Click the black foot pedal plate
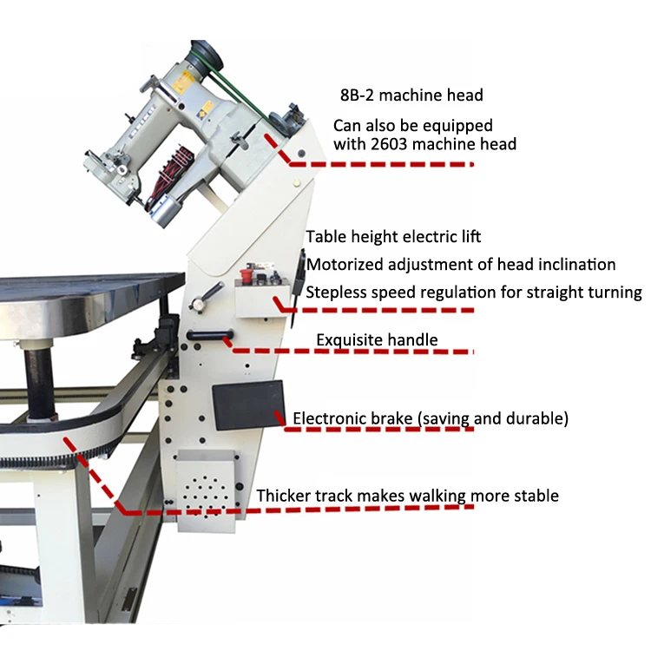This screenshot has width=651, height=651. tap(249, 405)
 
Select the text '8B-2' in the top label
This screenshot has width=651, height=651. tap(357, 95)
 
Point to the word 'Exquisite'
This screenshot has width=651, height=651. tap(346, 339)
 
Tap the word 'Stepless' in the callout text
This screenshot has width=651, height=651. tap(334, 293)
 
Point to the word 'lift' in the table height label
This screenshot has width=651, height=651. tap(468, 236)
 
